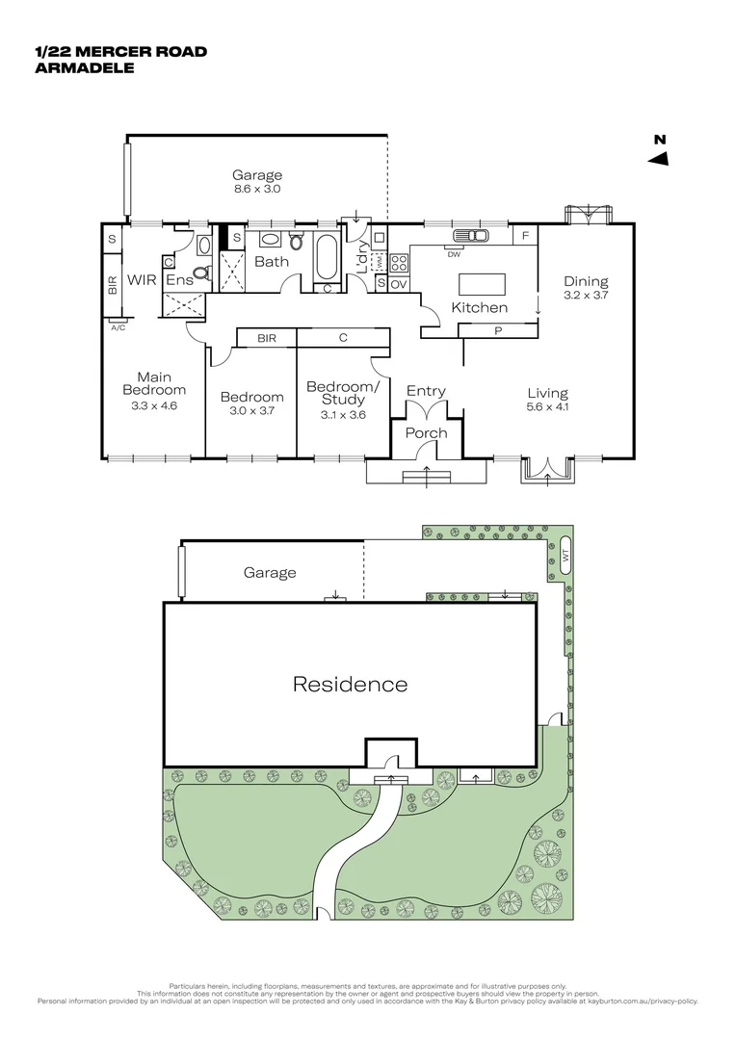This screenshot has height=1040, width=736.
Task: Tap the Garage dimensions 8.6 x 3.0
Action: [257, 190]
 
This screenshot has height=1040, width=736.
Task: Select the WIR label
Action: [144, 280]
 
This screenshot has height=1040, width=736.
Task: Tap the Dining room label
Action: [586, 281]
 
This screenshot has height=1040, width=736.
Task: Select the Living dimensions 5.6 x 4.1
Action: [547, 407]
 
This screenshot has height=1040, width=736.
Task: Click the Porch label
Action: [426, 433]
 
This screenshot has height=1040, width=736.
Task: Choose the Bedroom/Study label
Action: [343, 393]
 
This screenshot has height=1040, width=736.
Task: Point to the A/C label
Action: [118, 327]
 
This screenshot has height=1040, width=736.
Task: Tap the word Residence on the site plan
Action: [350, 685]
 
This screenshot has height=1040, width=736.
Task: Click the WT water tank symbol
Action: [565, 556]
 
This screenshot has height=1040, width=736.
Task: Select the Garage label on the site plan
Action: [270, 573]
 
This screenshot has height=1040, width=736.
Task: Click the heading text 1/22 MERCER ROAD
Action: [120, 52]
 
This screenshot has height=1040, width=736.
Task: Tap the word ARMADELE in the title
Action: [83, 67]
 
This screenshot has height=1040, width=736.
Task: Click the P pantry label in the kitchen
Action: [497, 330]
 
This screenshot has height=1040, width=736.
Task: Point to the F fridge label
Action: [525, 235]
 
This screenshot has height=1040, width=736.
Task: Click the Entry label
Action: [426, 391]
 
